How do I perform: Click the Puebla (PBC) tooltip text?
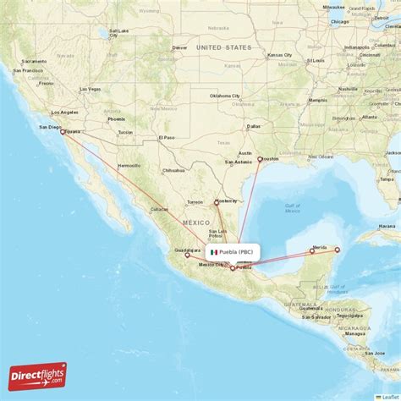point(238,252)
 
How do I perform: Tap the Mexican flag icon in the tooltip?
point(214,252)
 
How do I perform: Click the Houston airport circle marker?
point(261,159)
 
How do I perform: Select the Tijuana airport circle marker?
point(63,131)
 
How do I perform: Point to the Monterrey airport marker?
point(217,201)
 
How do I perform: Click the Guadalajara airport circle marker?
point(187,255)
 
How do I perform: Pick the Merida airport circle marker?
point(312,250)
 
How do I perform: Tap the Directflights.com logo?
point(38,375)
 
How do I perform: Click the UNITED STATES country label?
point(224,47)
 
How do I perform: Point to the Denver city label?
point(179,47)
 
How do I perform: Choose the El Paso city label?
point(167,137)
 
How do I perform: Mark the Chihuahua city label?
point(173,170)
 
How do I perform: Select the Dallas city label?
point(253,128)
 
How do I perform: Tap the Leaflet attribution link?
point(389,397)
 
